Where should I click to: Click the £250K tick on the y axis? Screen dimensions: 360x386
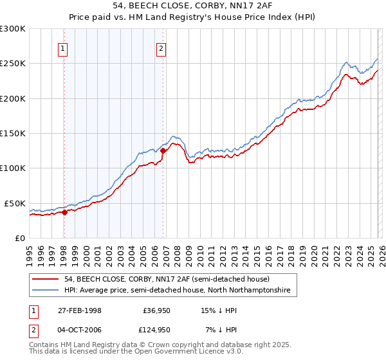pyautogui.click(x=13, y=64)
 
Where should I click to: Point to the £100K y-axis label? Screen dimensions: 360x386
pyautogui.click(x=13, y=168)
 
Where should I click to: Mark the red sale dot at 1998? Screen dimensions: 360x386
pyautogui.click(x=64, y=212)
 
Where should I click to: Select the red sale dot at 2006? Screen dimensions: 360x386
pyautogui.click(x=163, y=151)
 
